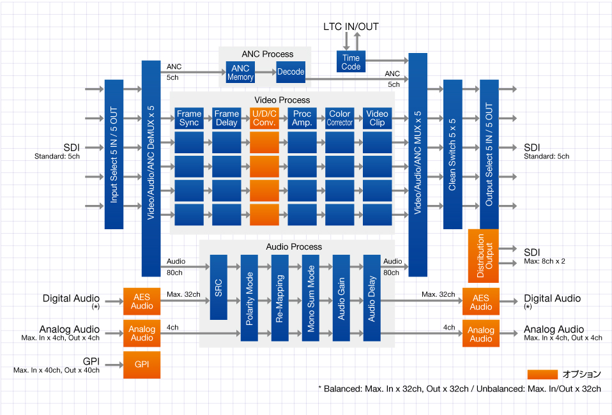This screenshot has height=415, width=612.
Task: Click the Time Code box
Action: (x=351, y=62)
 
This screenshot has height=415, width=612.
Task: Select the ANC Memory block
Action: (x=240, y=73)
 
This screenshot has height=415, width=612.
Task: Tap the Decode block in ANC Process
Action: (x=291, y=72)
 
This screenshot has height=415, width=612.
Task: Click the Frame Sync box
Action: (x=188, y=118)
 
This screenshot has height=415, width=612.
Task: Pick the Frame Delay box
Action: (x=226, y=118)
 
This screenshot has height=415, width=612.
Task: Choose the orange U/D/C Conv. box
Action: (x=264, y=118)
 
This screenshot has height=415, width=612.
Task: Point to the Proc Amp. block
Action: (x=302, y=118)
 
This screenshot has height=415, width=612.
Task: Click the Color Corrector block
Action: (x=340, y=118)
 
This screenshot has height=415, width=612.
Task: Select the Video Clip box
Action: (x=377, y=118)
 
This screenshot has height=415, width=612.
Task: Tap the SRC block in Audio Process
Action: (x=218, y=287)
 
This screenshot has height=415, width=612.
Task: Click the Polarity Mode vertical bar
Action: (x=249, y=298)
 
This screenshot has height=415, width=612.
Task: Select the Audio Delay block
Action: (x=372, y=298)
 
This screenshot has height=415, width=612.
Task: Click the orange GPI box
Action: (x=142, y=365)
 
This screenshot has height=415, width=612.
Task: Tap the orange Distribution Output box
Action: (x=484, y=256)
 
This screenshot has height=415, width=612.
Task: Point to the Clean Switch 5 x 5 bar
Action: (x=452, y=154)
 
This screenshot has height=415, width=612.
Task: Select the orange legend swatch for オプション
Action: (x=542, y=374)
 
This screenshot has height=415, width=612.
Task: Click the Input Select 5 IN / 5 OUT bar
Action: (x=114, y=154)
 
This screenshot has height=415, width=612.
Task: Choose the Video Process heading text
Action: (x=282, y=100)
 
